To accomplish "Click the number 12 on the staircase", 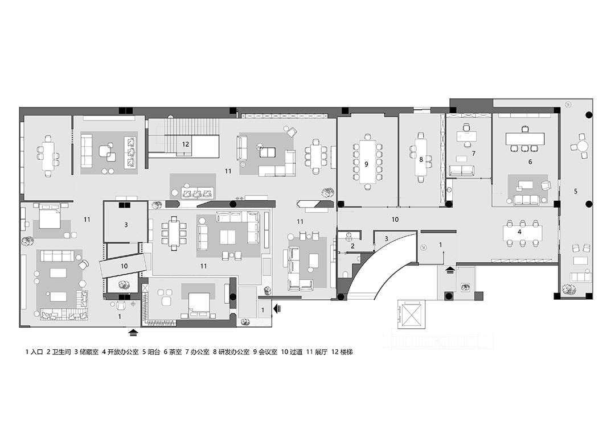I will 186,144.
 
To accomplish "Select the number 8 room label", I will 421,160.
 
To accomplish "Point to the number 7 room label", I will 473,154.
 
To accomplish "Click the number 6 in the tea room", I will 530,162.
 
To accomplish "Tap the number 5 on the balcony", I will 576,192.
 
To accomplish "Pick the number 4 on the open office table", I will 519,232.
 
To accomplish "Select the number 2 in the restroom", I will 352,246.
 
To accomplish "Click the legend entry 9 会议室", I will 265,352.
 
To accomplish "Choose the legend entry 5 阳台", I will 150,352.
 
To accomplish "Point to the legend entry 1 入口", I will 34,352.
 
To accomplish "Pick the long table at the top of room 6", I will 524,138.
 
